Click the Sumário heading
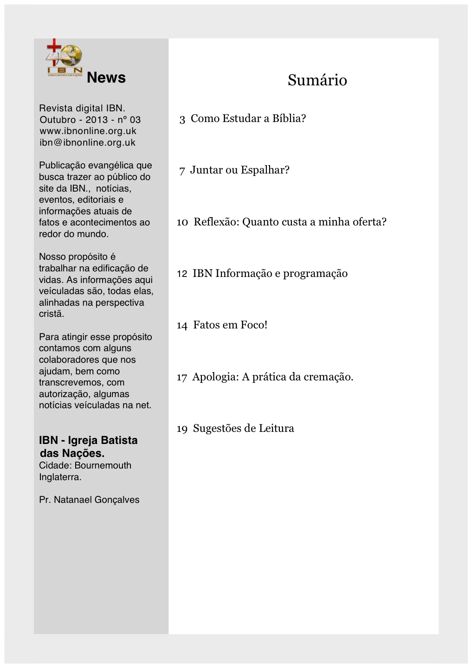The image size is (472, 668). click(317, 80)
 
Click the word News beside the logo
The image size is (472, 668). click(106, 77)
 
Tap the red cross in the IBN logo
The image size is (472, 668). click(54, 46)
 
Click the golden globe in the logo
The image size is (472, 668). click(73, 56)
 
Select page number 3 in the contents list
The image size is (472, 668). click(182, 119)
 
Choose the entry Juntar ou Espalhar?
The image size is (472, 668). click(239, 170)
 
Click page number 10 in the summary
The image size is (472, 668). click(182, 222)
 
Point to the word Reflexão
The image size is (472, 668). click(216, 222)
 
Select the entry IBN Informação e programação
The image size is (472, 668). click(270, 274)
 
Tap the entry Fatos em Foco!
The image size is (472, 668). click(230, 325)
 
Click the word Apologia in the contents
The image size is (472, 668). click(215, 377)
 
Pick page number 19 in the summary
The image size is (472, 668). click(182, 429)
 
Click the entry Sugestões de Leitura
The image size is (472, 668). click(243, 429)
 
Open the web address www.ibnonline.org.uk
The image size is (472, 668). click(88, 131)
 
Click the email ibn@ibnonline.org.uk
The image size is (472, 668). click(87, 143)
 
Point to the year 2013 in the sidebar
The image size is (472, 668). click(97, 120)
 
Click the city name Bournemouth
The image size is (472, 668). click(103, 466)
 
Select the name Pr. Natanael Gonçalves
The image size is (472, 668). click(89, 500)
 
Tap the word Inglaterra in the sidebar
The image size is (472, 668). click(60, 477)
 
